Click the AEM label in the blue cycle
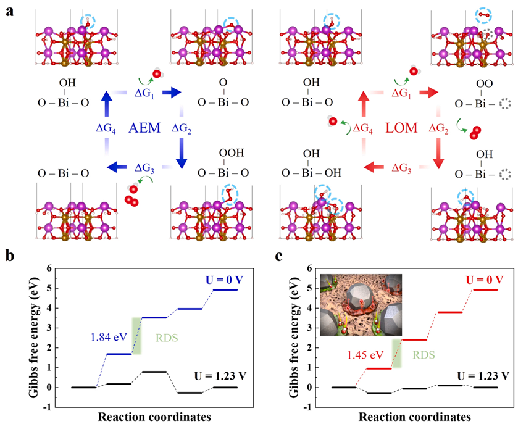tap(145, 128)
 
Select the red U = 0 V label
tap(481, 279)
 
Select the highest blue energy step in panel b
tap(225, 289)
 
